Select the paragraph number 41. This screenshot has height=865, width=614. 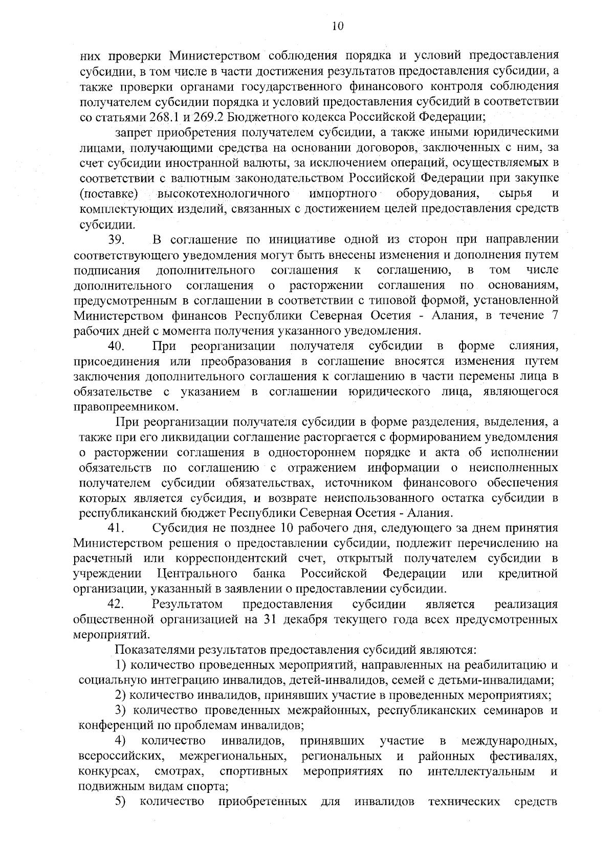click(x=116, y=528)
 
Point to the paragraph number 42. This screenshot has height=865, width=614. click(x=117, y=604)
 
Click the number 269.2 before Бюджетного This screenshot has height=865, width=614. click(x=208, y=116)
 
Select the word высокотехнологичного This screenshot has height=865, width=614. click(x=221, y=194)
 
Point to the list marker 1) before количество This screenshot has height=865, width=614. click(x=121, y=665)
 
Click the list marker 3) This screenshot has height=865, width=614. click(x=121, y=710)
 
